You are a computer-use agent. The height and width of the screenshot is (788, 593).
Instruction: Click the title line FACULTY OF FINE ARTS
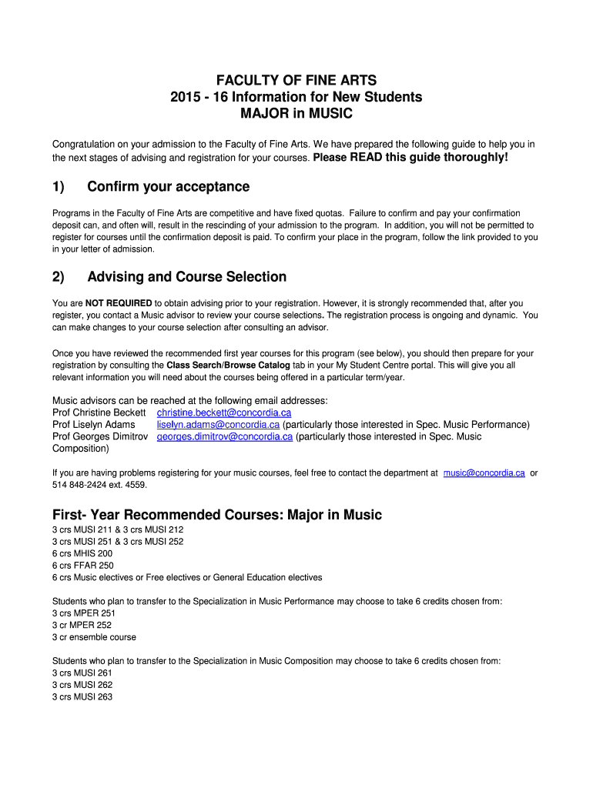tap(296, 80)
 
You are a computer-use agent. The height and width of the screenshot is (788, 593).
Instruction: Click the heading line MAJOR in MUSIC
tap(296, 114)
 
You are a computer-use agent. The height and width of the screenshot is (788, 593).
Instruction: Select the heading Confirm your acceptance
tap(168, 187)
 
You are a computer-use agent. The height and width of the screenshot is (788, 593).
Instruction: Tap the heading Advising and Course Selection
tap(186, 277)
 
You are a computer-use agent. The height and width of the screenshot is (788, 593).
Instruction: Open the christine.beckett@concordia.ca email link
tap(224, 412)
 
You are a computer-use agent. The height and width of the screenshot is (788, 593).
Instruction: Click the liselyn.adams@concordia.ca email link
tap(218, 425)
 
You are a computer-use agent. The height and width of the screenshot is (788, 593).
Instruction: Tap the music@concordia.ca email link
tap(484, 473)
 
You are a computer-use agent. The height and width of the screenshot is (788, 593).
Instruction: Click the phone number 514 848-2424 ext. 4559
tap(99, 485)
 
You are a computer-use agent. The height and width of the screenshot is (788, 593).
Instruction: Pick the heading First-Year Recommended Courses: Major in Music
tap(216, 515)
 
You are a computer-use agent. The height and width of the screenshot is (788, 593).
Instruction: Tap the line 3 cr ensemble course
tap(94, 637)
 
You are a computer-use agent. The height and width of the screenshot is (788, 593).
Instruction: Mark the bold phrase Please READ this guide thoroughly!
tap(410, 158)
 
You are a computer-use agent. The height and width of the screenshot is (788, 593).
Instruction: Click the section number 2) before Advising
tap(59, 277)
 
